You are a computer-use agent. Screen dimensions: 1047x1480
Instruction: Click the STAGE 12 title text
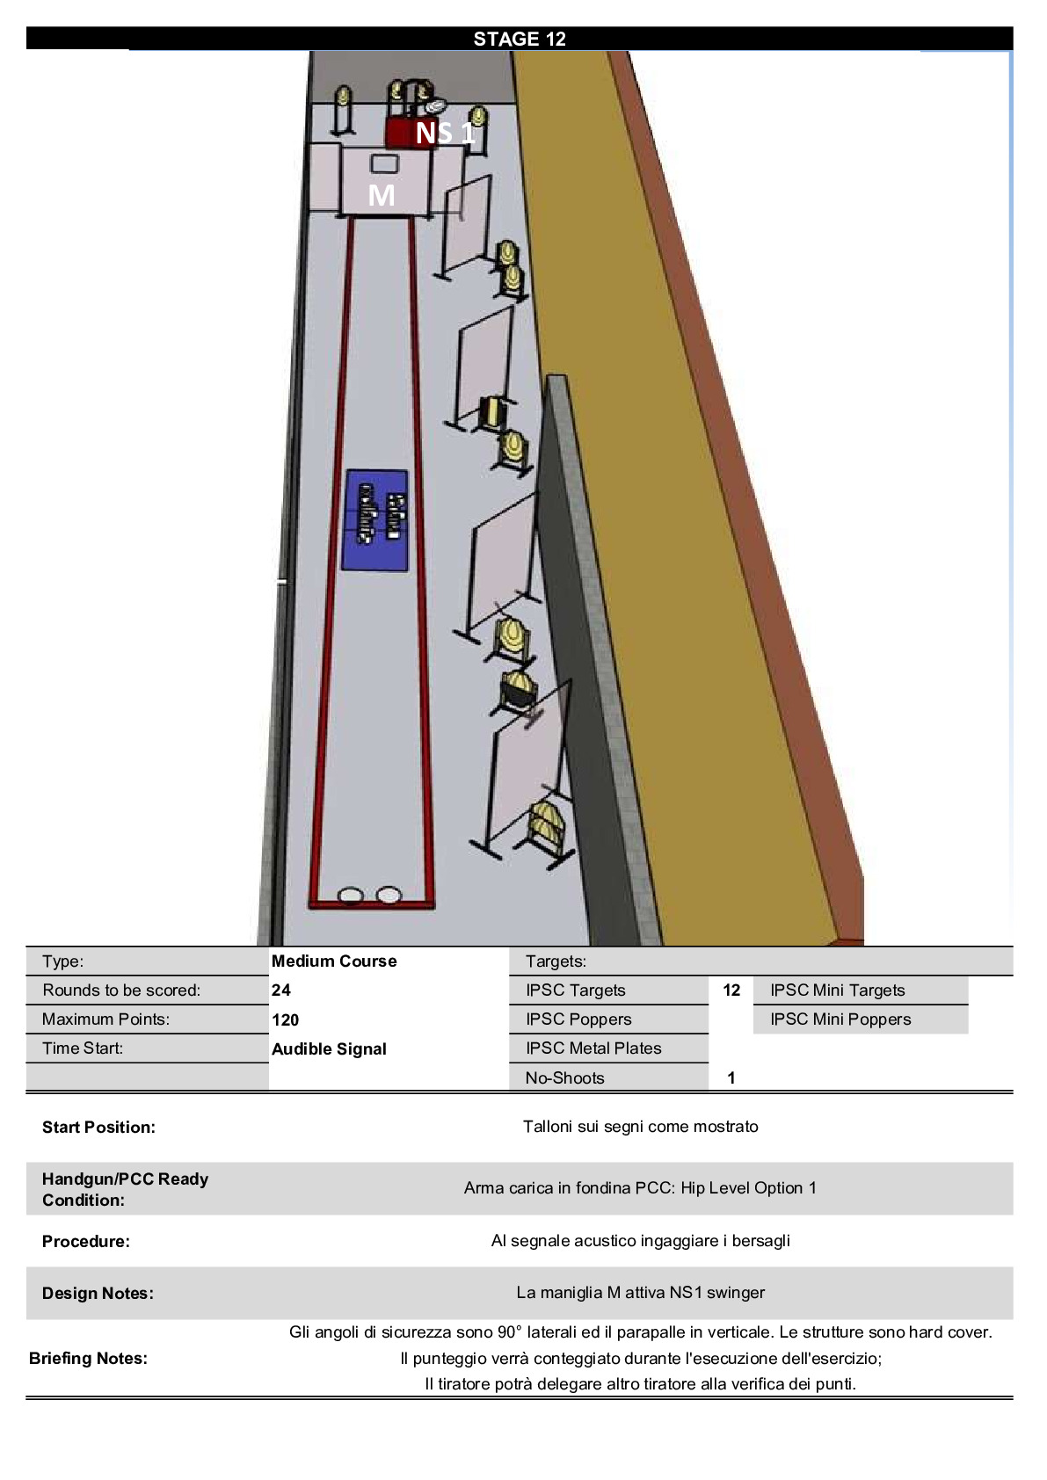[520, 39]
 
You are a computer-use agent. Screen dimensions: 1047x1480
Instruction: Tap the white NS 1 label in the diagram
[445, 134]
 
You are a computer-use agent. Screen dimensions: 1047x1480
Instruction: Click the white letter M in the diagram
[382, 195]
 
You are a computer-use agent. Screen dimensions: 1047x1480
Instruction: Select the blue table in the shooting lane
[374, 520]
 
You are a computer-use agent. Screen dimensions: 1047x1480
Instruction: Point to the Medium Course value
[334, 961]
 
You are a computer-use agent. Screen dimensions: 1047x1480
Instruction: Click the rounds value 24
[281, 990]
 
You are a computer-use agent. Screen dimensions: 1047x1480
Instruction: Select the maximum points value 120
[285, 1019]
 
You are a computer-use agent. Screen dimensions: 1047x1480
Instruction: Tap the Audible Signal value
[329, 1049]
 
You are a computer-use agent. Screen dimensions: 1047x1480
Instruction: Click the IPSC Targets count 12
[731, 990]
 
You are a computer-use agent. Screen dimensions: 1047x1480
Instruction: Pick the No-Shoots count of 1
[731, 1078]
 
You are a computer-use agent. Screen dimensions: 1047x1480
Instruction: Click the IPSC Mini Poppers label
[840, 1019]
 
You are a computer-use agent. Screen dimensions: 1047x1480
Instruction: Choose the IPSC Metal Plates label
[593, 1048]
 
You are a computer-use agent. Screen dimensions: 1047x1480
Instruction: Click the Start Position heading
[98, 1128]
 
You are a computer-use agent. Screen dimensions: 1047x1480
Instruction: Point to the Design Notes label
[98, 1293]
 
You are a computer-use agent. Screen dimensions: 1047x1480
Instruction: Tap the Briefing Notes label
[88, 1359]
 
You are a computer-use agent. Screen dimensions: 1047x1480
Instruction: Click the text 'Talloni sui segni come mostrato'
[641, 1127]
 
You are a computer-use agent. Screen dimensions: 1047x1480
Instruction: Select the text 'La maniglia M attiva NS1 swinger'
[641, 1292]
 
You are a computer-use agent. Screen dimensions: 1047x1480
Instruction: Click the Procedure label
[86, 1242]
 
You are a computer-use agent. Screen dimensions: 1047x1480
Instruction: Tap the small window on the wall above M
[384, 163]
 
